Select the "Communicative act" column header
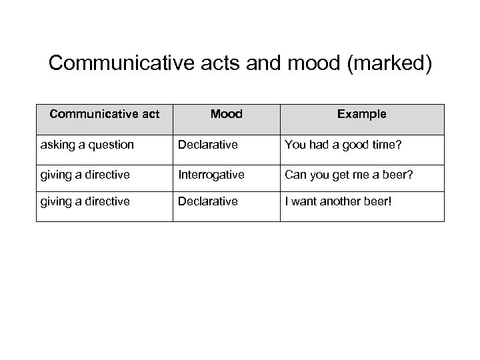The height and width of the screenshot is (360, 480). click(x=105, y=114)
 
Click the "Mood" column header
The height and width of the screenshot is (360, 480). click(x=226, y=114)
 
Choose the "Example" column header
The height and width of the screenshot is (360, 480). click(x=361, y=114)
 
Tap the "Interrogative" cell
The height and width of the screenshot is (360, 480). click(x=211, y=175)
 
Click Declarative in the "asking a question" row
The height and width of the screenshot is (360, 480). click(x=207, y=144)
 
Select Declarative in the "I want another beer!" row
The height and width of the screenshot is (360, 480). click(x=207, y=201)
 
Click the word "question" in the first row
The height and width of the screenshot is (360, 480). click(x=112, y=144)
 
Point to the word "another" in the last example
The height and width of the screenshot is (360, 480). click(x=344, y=201)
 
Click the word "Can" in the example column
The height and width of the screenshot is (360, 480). click(x=295, y=175)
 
